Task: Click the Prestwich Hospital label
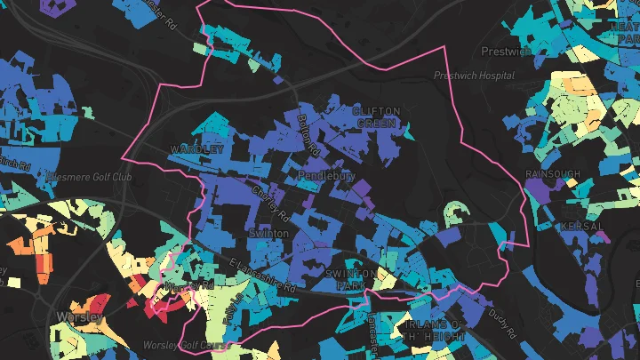click(476, 76)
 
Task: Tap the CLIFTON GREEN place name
click(376, 116)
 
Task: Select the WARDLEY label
click(196, 149)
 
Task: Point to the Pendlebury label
click(325, 176)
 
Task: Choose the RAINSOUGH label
click(552, 173)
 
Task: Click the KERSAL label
click(582, 227)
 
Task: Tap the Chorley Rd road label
click(272, 204)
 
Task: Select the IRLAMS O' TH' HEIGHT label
click(434, 331)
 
